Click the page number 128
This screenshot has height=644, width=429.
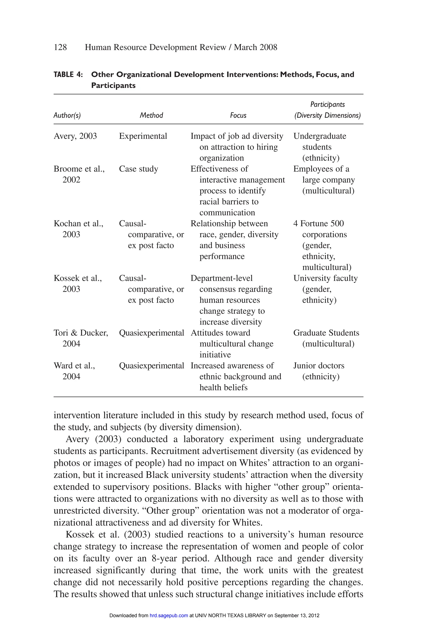(x=60, y=47)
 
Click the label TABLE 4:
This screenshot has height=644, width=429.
(x=68, y=74)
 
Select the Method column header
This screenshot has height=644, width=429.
(x=151, y=115)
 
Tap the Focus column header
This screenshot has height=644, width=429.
(x=238, y=115)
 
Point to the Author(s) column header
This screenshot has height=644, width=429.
(x=67, y=115)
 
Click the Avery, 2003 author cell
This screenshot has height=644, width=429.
(x=75, y=136)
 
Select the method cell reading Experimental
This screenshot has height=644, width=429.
(x=143, y=136)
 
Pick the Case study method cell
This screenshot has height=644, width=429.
(x=138, y=169)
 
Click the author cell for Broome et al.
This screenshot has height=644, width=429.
(x=79, y=169)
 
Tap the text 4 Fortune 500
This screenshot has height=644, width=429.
(x=318, y=223)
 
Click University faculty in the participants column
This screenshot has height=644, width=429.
(x=325, y=278)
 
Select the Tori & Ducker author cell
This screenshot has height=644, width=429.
(x=81, y=333)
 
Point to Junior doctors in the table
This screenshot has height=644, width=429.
(x=319, y=366)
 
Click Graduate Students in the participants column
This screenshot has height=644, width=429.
(x=326, y=333)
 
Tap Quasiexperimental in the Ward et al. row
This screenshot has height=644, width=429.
(x=151, y=366)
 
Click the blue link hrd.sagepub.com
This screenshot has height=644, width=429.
(x=169, y=615)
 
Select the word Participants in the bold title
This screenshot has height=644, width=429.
(x=113, y=86)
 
